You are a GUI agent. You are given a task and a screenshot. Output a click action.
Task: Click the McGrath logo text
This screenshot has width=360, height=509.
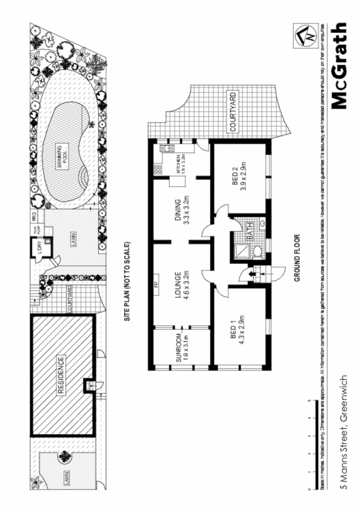[x=341, y=66]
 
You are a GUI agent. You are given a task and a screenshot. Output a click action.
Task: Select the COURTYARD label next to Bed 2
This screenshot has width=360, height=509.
[x=232, y=112]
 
